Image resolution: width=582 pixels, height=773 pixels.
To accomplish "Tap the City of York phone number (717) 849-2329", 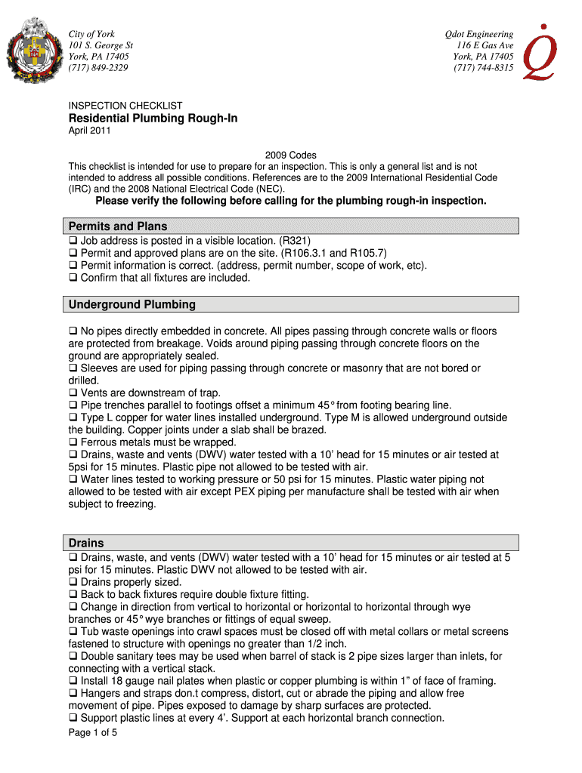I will [98, 68].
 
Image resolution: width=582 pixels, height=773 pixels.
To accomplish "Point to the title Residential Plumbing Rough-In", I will [153, 119].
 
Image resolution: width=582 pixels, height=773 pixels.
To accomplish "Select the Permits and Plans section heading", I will [118, 226].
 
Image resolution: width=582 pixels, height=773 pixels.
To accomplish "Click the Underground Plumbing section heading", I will [132, 305].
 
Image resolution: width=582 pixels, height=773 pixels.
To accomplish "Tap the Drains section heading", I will [86, 544].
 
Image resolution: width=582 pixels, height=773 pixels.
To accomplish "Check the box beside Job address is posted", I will [73, 242].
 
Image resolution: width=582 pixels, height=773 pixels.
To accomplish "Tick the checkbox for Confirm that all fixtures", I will [73, 278].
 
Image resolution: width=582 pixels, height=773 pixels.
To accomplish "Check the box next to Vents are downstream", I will [73, 393].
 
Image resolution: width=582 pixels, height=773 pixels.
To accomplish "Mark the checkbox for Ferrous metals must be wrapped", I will [73, 442].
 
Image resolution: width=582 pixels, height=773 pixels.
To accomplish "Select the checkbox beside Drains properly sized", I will [73, 583].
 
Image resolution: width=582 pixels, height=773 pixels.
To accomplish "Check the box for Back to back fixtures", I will [73, 595].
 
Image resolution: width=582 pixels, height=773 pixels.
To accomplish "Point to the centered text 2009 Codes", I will [291, 156].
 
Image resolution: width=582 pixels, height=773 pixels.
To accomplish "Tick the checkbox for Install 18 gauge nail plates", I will [73, 681].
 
